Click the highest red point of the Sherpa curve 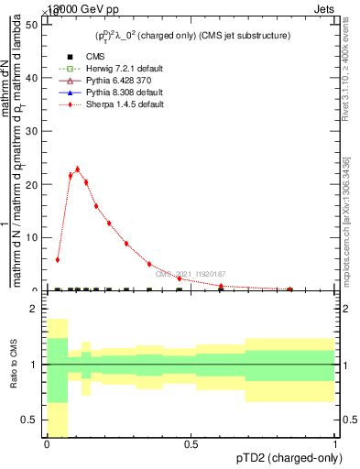click(77, 169)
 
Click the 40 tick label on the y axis click(35, 78)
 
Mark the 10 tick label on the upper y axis click(35, 237)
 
